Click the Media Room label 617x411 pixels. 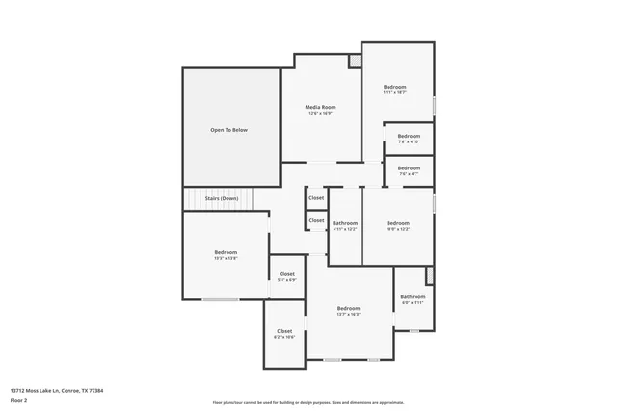point(320,106)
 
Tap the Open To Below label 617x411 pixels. point(229,130)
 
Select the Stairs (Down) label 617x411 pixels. point(222,198)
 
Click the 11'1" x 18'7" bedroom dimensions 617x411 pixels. point(395,93)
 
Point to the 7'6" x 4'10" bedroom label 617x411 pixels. point(409,136)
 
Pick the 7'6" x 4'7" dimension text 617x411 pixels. point(409,174)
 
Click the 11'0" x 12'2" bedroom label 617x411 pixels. point(398,223)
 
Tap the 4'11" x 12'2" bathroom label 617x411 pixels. point(345,223)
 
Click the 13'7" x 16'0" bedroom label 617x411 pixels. point(348,308)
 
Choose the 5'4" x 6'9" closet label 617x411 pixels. point(287,274)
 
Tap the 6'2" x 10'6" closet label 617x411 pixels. point(284,331)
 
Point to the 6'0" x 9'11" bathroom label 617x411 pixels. point(413,297)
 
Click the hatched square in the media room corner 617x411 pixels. point(355,61)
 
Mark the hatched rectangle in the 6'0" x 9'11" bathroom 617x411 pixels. point(430,274)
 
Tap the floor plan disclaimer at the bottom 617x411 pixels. point(308,402)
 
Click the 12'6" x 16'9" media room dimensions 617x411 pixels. point(320,114)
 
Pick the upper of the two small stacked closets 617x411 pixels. point(316,198)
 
